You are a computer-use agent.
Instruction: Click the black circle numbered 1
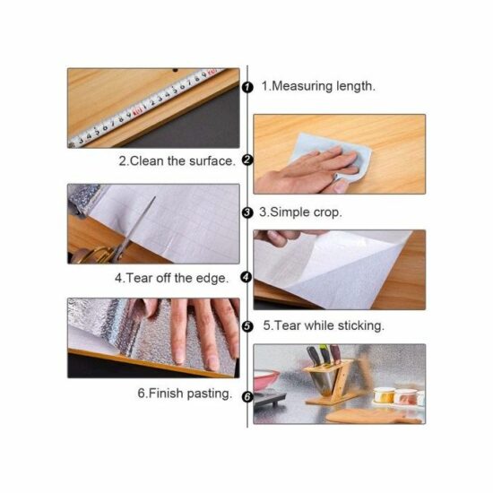pos(247,87)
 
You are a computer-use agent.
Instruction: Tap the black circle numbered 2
pos(247,160)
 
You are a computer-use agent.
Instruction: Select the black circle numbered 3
pos(247,212)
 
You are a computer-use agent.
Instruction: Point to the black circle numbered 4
pos(246,277)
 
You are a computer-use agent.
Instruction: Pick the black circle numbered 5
pos(247,326)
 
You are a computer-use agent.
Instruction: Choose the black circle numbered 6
pos(247,397)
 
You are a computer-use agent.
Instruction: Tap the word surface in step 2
pos(212,161)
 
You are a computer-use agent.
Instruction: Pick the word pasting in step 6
pos(209,394)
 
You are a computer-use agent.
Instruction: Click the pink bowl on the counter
pos(266,380)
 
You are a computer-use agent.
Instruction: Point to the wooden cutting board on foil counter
pos(373,416)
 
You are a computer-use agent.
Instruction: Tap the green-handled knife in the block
pos(324,356)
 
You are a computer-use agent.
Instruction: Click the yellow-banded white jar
pos(384,395)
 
